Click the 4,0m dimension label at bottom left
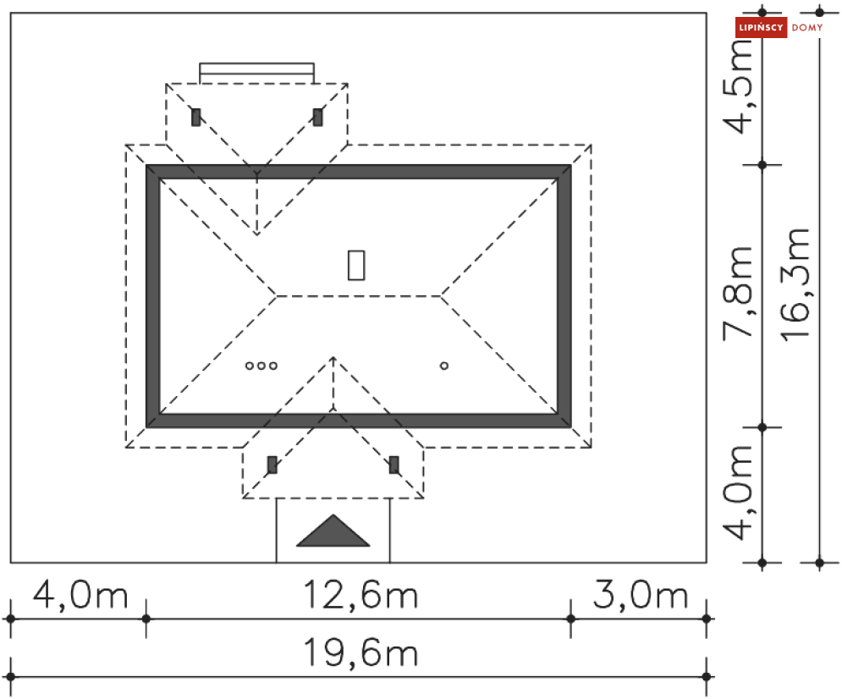[80, 595]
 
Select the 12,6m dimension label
[360, 595]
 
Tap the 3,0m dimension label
[640, 595]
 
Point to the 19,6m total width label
[360, 652]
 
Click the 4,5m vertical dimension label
[739, 86]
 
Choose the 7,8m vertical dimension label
[739, 294]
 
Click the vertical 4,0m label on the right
[739, 493]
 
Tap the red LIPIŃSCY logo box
[761, 27]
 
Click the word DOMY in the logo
[807, 27]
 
